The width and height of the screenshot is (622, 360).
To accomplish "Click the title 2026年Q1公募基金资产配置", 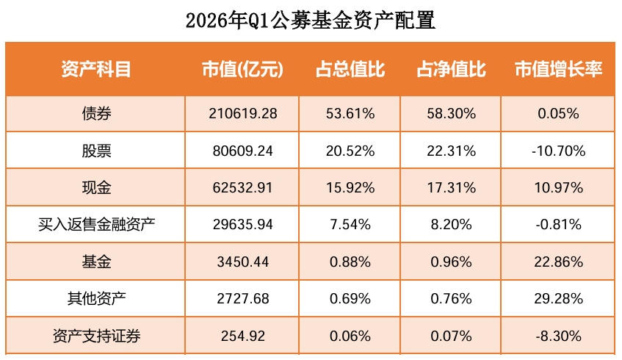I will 311,20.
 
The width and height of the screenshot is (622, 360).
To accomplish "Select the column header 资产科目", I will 96,69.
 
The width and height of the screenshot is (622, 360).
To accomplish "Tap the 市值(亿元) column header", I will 242,69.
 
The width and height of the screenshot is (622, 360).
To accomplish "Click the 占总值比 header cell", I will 350,69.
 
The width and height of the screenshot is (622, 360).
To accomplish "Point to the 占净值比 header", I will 451,69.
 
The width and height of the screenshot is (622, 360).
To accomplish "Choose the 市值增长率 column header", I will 558,69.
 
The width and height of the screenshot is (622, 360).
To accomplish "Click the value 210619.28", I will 242,114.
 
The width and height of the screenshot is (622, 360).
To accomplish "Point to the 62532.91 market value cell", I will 242,187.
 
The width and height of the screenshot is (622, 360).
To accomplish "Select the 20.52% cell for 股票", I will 350,151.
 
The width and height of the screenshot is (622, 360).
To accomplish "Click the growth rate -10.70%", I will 558,151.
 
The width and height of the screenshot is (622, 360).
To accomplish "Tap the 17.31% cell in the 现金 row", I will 451,187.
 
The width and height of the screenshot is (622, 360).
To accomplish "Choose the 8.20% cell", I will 451,225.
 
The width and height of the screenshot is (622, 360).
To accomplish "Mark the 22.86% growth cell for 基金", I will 558,262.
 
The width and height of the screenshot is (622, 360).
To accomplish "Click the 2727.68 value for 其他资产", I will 242,299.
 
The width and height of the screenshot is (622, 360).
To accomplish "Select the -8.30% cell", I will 558,336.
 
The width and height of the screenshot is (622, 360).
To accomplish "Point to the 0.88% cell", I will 350,262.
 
